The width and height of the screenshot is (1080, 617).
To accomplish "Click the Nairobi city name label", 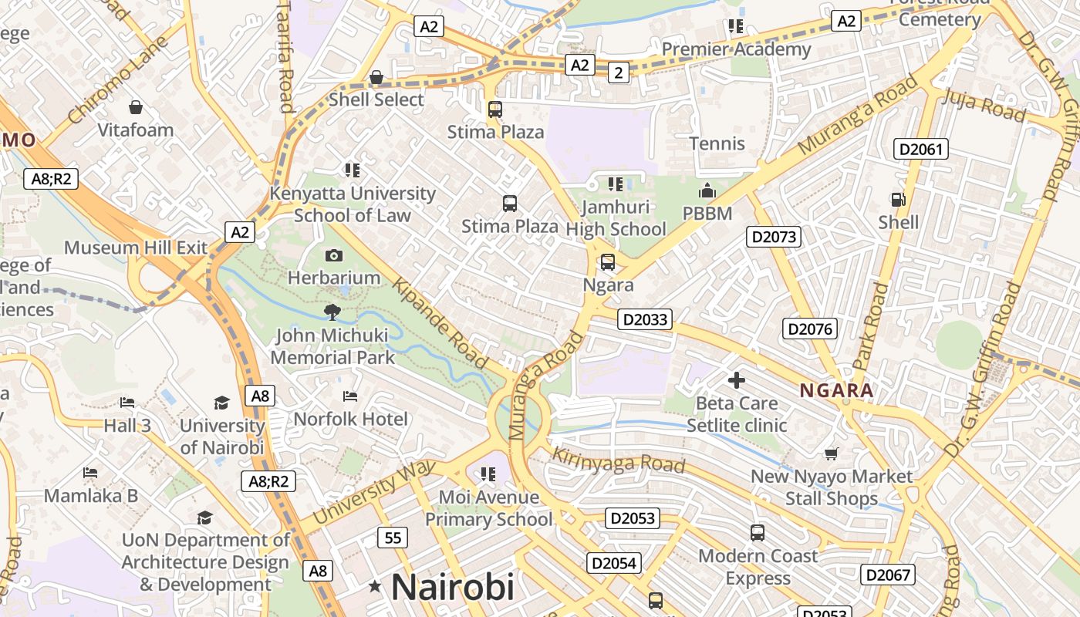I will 452,587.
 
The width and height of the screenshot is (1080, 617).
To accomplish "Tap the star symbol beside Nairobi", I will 375,587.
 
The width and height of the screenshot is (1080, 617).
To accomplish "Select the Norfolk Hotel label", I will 351,419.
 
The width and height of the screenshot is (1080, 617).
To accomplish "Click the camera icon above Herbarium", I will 334,255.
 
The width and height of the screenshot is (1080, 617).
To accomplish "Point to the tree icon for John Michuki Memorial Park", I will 332,312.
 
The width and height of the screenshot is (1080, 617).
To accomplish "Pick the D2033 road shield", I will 645,319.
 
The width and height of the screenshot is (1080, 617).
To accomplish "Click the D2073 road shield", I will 773,237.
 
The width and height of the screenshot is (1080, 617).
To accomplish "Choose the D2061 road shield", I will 920,148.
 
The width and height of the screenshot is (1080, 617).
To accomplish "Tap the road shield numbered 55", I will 393,537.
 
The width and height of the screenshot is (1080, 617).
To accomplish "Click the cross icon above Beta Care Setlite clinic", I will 737,379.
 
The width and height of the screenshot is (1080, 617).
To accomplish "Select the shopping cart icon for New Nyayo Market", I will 831,453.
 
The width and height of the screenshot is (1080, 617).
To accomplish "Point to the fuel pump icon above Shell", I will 898,199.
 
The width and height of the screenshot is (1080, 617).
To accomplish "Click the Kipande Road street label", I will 440,323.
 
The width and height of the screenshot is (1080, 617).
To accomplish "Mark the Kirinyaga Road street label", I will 619,460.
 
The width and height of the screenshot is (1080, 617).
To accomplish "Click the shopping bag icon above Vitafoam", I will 136,106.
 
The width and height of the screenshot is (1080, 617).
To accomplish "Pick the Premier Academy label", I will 736,49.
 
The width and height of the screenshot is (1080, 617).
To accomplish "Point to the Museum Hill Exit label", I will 136,248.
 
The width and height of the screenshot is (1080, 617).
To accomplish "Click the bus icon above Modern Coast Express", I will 758,532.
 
